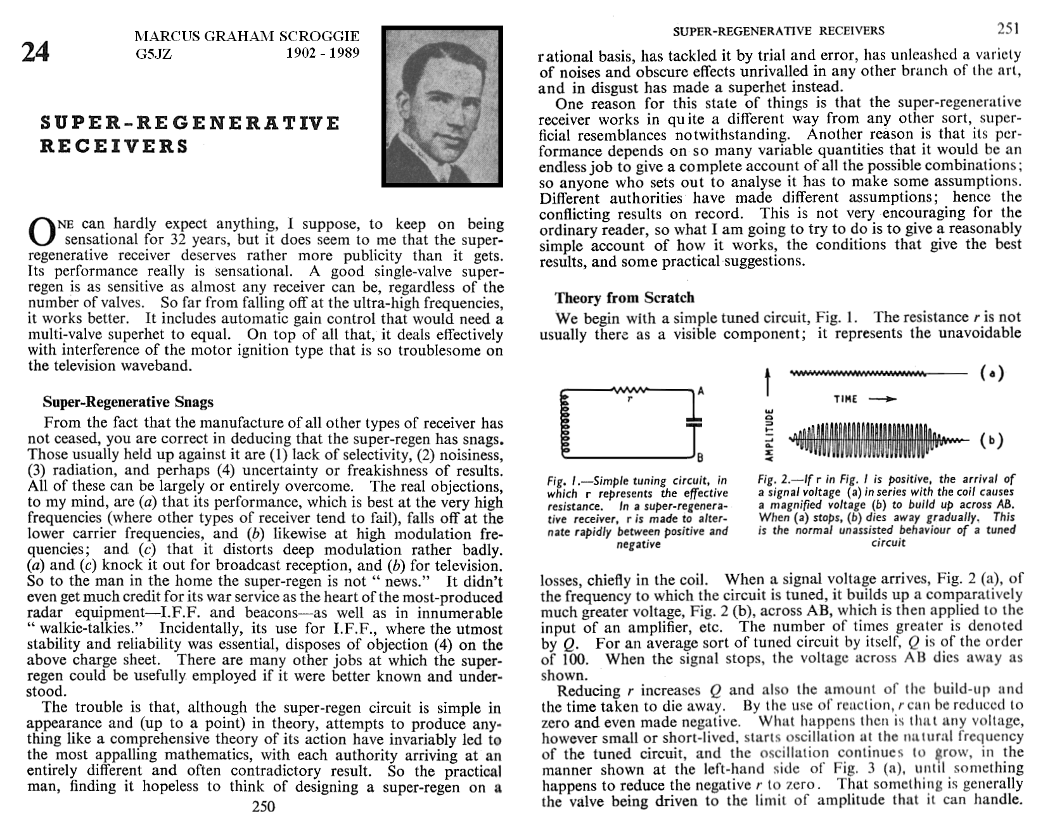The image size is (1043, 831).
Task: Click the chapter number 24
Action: point(35,53)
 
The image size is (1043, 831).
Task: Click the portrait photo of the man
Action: point(442,106)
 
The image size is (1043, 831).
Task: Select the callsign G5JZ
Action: point(153,53)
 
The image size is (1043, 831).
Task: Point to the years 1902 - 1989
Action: point(323,53)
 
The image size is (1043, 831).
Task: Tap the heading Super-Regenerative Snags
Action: point(128,402)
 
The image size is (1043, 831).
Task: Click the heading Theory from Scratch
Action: point(624,297)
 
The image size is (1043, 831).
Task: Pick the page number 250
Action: point(264,806)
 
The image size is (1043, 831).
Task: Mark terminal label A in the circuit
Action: point(701,391)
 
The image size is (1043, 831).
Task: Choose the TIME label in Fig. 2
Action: point(846,399)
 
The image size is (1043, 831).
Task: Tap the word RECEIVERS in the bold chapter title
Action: point(115,146)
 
